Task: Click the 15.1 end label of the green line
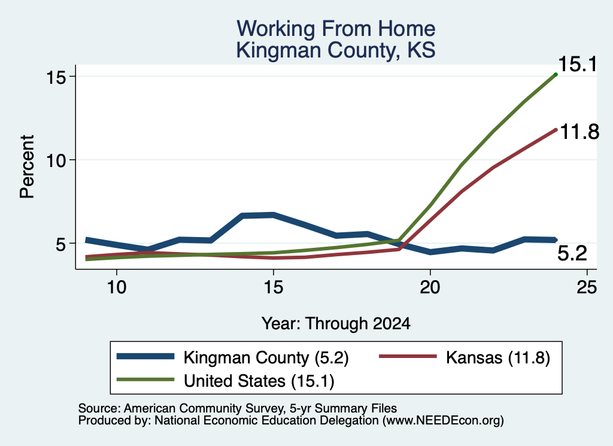click(578, 63)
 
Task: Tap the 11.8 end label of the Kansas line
click(579, 132)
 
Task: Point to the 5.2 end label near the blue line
click(572, 253)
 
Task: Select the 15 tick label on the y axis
click(56, 77)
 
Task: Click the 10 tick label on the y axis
click(56, 160)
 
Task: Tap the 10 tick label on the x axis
click(117, 287)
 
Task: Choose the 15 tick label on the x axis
click(273, 287)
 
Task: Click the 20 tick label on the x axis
click(430, 287)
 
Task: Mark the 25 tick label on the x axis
click(587, 287)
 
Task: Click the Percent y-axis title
click(27, 166)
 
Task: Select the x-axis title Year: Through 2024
click(336, 324)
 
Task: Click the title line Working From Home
click(336, 29)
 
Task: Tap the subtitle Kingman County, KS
click(336, 50)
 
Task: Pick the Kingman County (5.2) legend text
click(266, 357)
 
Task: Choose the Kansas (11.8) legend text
click(498, 357)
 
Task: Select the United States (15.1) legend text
click(259, 381)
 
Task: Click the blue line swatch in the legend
click(145, 356)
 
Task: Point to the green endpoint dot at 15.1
click(556, 74)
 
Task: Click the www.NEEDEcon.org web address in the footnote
click(443, 420)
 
